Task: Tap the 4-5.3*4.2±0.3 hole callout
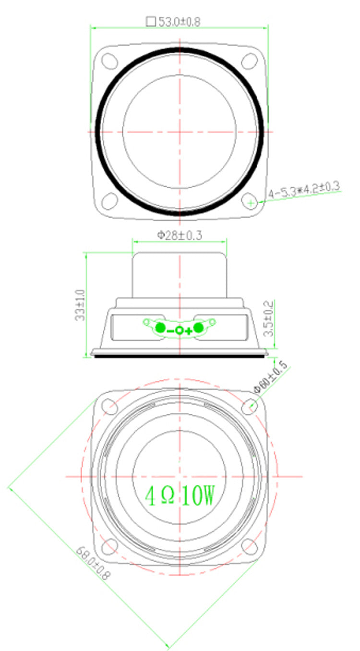click(x=304, y=190)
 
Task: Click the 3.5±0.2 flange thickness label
click(x=269, y=318)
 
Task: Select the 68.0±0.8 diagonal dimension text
click(x=92, y=562)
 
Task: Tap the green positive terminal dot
click(x=199, y=328)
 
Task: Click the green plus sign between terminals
click(x=189, y=330)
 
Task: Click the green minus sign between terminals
click(x=170, y=330)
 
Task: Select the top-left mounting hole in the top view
click(x=110, y=61)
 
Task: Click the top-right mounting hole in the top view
click(x=249, y=61)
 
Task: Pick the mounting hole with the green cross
click(x=250, y=202)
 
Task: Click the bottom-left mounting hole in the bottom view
click(x=110, y=547)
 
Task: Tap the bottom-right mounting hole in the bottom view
click(x=249, y=547)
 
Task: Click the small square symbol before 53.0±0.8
click(x=151, y=22)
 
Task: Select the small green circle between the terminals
click(x=179, y=330)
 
